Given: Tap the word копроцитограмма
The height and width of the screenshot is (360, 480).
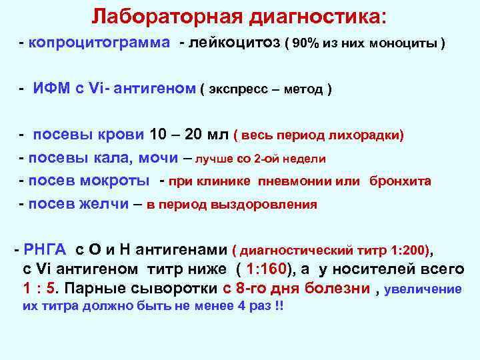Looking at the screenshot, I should click(98, 43).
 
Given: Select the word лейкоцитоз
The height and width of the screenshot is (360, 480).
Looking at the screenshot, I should click(234, 43).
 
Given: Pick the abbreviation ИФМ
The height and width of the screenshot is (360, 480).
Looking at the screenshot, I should click(53, 89).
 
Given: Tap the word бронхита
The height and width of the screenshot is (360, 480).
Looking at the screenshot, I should click(400, 181).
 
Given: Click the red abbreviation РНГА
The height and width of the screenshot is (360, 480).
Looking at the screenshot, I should click(45, 251).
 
